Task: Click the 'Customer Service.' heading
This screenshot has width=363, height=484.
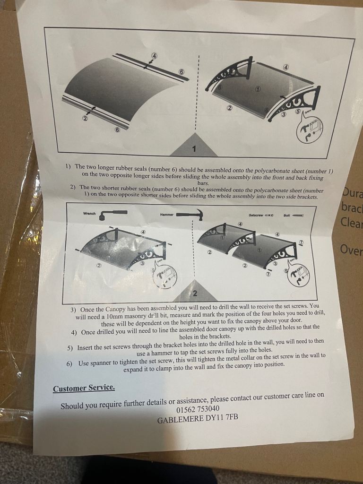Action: coord(84,389)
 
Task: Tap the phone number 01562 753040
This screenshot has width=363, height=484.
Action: coord(198,409)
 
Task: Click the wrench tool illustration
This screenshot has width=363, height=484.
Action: coord(113,214)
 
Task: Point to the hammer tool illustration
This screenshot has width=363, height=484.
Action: coord(190,215)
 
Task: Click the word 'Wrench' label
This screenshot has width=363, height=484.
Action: coord(89,213)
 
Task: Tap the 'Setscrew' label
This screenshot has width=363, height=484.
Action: coord(256,215)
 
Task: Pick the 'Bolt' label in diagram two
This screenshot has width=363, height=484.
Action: coord(287,215)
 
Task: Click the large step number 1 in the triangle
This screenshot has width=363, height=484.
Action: coord(194,149)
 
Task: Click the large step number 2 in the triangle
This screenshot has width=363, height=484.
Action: coord(195,293)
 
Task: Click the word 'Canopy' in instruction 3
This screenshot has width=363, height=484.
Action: coord(115,309)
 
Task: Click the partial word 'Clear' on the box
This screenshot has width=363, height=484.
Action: coord(352,222)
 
